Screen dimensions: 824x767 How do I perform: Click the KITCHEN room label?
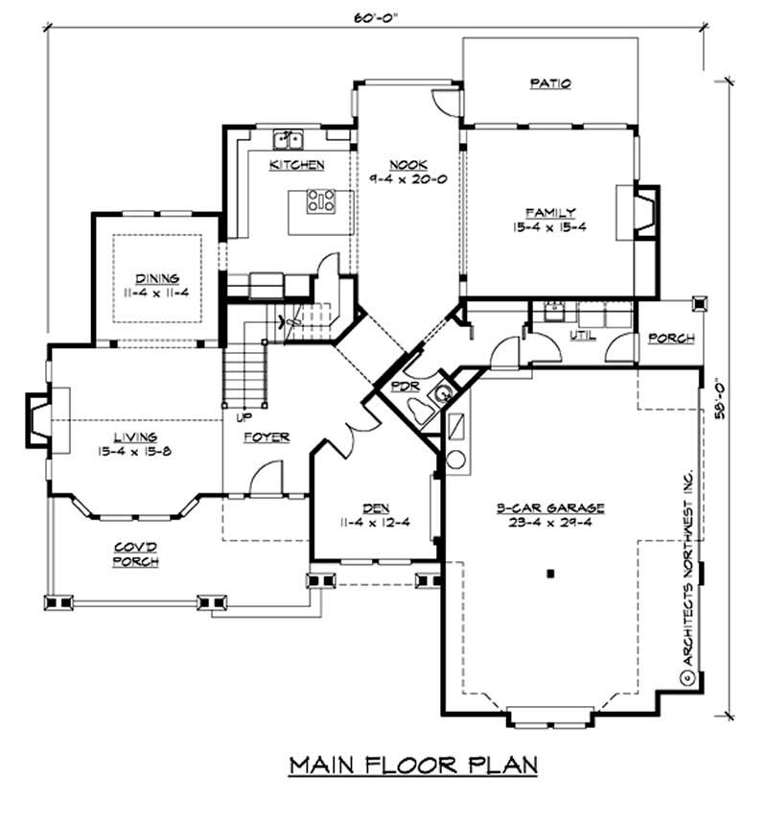click(296, 165)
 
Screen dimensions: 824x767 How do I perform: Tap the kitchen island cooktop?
click(320, 201)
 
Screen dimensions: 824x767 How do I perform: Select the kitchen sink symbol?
click(287, 141)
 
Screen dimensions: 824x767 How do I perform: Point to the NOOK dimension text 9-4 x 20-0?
click(407, 178)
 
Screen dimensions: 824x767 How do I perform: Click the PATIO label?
click(550, 83)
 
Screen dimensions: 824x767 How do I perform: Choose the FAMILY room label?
click(549, 212)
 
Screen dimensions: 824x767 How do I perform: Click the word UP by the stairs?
click(232, 416)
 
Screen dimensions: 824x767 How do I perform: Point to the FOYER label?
click(267, 436)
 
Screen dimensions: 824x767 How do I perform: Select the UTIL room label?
click(584, 337)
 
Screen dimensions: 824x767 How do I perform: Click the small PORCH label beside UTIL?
click(666, 339)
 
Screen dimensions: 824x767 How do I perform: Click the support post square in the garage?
click(550, 574)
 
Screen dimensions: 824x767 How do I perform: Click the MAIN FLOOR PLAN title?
click(413, 765)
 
